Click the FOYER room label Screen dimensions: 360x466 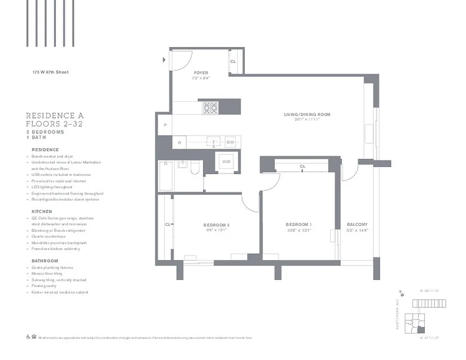pyautogui.click(x=201, y=73)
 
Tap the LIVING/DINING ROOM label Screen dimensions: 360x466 pyautogui.click(x=307, y=115)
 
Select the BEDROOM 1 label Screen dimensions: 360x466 pyautogui.click(x=299, y=225)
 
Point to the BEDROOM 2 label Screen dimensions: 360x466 pyautogui.click(x=217, y=225)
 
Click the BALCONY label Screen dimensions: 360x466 pyautogui.click(x=357, y=225)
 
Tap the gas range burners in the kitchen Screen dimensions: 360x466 pyautogui.click(x=210, y=108)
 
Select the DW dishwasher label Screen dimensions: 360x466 pyautogui.click(x=230, y=142)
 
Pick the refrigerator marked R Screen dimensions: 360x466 pyautogui.click(x=179, y=143)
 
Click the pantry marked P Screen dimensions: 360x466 pyautogui.click(x=165, y=125)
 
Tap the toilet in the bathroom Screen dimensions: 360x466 pyautogui.click(x=195, y=169)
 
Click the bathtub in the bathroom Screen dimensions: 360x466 pyautogui.click(x=166, y=176)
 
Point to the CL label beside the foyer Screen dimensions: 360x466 pyautogui.click(x=233, y=62)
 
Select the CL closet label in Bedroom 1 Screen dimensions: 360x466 pyautogui.click(x=303, y=166)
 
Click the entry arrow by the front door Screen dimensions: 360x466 pyautogui.click(x=165, y=59)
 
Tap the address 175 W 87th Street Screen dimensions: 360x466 pyautogui.click(x=50, y=72)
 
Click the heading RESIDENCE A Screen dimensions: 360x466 pyautogui.click(x=54, y=116)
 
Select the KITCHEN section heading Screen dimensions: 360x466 pyautogui.click(x=41, y=211)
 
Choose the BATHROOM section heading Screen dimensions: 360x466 pyautogui.click(x=45, y=261)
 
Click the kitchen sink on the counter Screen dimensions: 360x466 pyautogui.click(x=213, y=142)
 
